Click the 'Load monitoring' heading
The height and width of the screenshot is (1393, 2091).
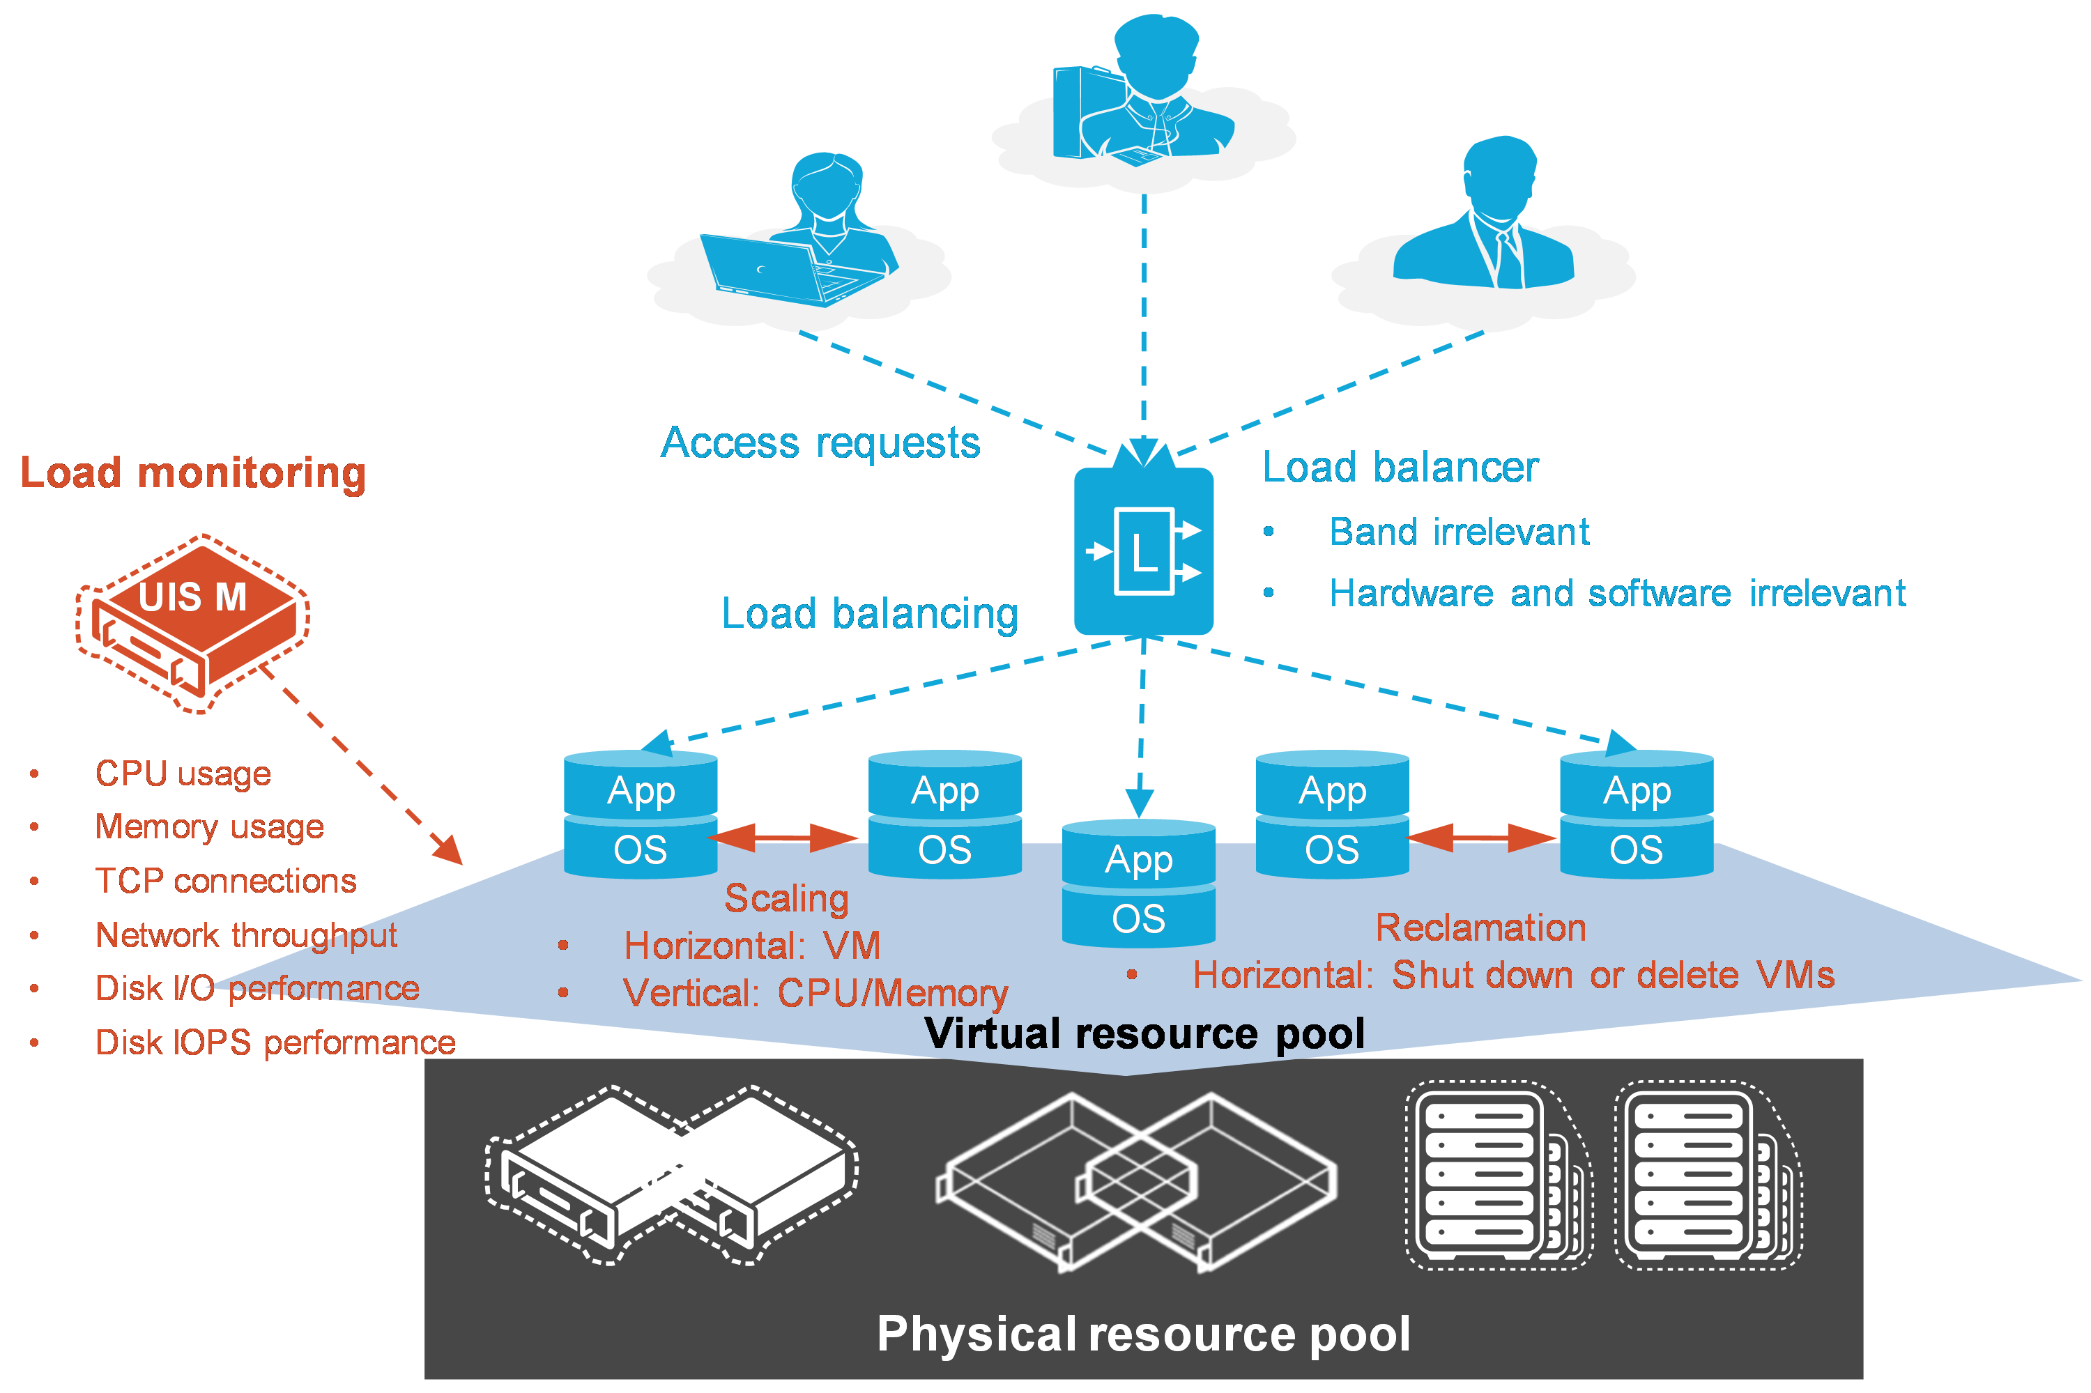tap(193, 472)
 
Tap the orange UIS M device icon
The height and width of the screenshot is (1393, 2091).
tap(193, 622)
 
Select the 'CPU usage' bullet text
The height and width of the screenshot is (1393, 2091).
tap(182, 774)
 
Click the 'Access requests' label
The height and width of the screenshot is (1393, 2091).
tap(820, 442)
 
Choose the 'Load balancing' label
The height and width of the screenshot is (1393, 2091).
tap(869, 614)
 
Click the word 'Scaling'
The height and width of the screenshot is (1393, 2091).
tap(786, 898)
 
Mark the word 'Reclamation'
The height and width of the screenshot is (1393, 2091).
tap(1480, 928)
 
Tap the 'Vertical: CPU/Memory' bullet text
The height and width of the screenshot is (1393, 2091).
tap(815, 993)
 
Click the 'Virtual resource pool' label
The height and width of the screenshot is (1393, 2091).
tap(1144, 1034)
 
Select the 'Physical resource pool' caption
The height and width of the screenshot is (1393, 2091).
tap(1143, 1334)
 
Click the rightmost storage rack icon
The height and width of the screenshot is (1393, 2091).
tap(1707, 1174)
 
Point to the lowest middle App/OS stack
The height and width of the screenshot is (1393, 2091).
tap(1138, 884)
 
